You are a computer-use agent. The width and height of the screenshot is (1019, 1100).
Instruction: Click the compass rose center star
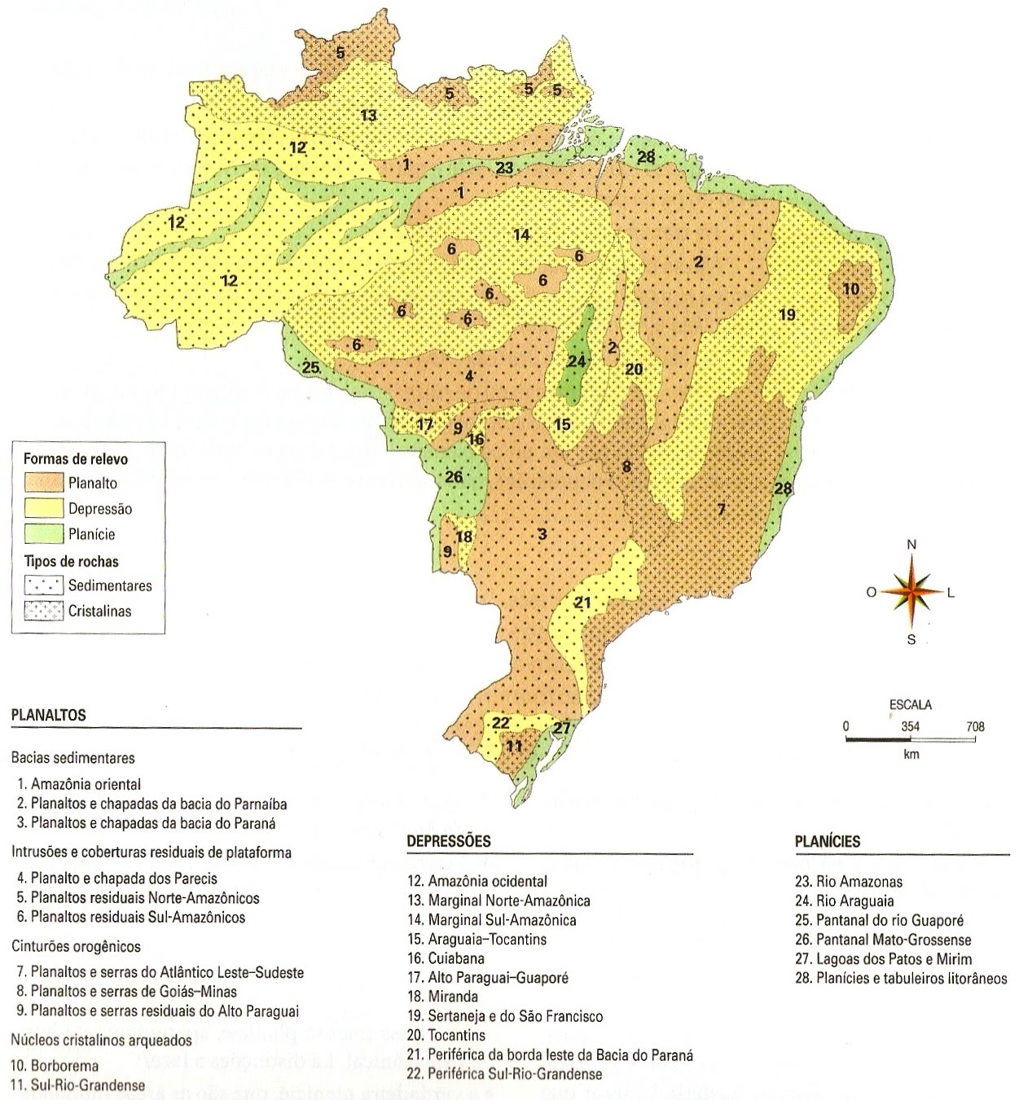click(911, 591)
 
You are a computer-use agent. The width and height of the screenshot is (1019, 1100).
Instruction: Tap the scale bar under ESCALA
click(911, 739)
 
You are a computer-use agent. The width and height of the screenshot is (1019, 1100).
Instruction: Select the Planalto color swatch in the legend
click(43, 483)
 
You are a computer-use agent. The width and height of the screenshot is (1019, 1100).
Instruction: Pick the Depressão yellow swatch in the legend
click(43, 509)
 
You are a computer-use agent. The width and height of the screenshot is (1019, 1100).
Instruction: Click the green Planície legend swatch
click(43, 534)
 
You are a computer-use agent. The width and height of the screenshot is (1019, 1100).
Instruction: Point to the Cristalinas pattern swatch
click(43, 611)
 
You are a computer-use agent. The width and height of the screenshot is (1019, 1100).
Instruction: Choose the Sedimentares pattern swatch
click(43, 585)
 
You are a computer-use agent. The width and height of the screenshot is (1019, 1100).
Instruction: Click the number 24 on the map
click(577, 361)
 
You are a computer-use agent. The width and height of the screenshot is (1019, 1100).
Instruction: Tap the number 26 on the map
click(454, 476)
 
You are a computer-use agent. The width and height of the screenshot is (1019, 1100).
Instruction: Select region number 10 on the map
click(851, 288)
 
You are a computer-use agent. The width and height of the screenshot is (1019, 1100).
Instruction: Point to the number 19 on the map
click(786, 314)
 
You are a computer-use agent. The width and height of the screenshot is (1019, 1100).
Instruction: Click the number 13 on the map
click(368, 115)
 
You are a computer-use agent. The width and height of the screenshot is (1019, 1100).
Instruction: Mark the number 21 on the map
click(582, 603)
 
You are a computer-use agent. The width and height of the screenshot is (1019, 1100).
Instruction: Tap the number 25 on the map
click(310, 366)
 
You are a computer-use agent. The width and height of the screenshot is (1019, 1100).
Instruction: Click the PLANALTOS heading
click(48, 715)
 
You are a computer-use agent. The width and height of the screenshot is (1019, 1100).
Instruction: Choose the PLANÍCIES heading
click(827, 841)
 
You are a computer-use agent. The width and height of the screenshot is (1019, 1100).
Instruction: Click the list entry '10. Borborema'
click(55, 1065)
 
